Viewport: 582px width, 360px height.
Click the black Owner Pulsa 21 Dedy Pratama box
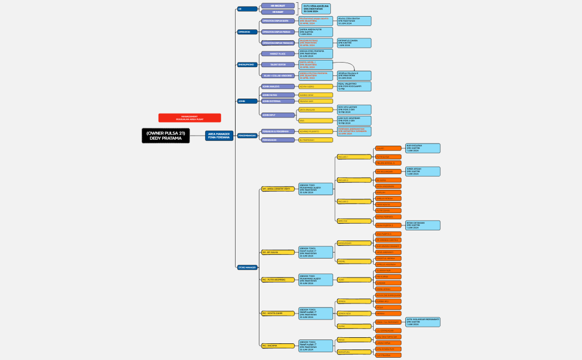click(165, 136)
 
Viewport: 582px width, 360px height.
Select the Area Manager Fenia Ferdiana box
click(219, 136)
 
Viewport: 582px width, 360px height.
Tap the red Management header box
click(190, 117)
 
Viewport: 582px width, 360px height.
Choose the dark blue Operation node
click(247, 32)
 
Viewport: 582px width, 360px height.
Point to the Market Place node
click(278, 54)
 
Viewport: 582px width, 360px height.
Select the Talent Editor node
click(278, 65)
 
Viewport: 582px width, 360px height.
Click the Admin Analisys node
click(278, 86)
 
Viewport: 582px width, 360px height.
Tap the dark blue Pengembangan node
click(247, 135)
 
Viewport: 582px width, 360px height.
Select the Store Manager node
click(247, 267)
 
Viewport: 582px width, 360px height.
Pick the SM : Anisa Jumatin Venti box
click(277, 189)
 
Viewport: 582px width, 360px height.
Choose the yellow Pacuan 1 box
click(354, 157)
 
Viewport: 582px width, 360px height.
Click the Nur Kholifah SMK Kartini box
click(423, 148)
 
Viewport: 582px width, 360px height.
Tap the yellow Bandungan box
click(354, 243)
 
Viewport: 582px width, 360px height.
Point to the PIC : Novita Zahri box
click(277, 313)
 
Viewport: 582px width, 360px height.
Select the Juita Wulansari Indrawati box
click(423, 322)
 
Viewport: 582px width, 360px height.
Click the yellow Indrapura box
click(354, 351)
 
